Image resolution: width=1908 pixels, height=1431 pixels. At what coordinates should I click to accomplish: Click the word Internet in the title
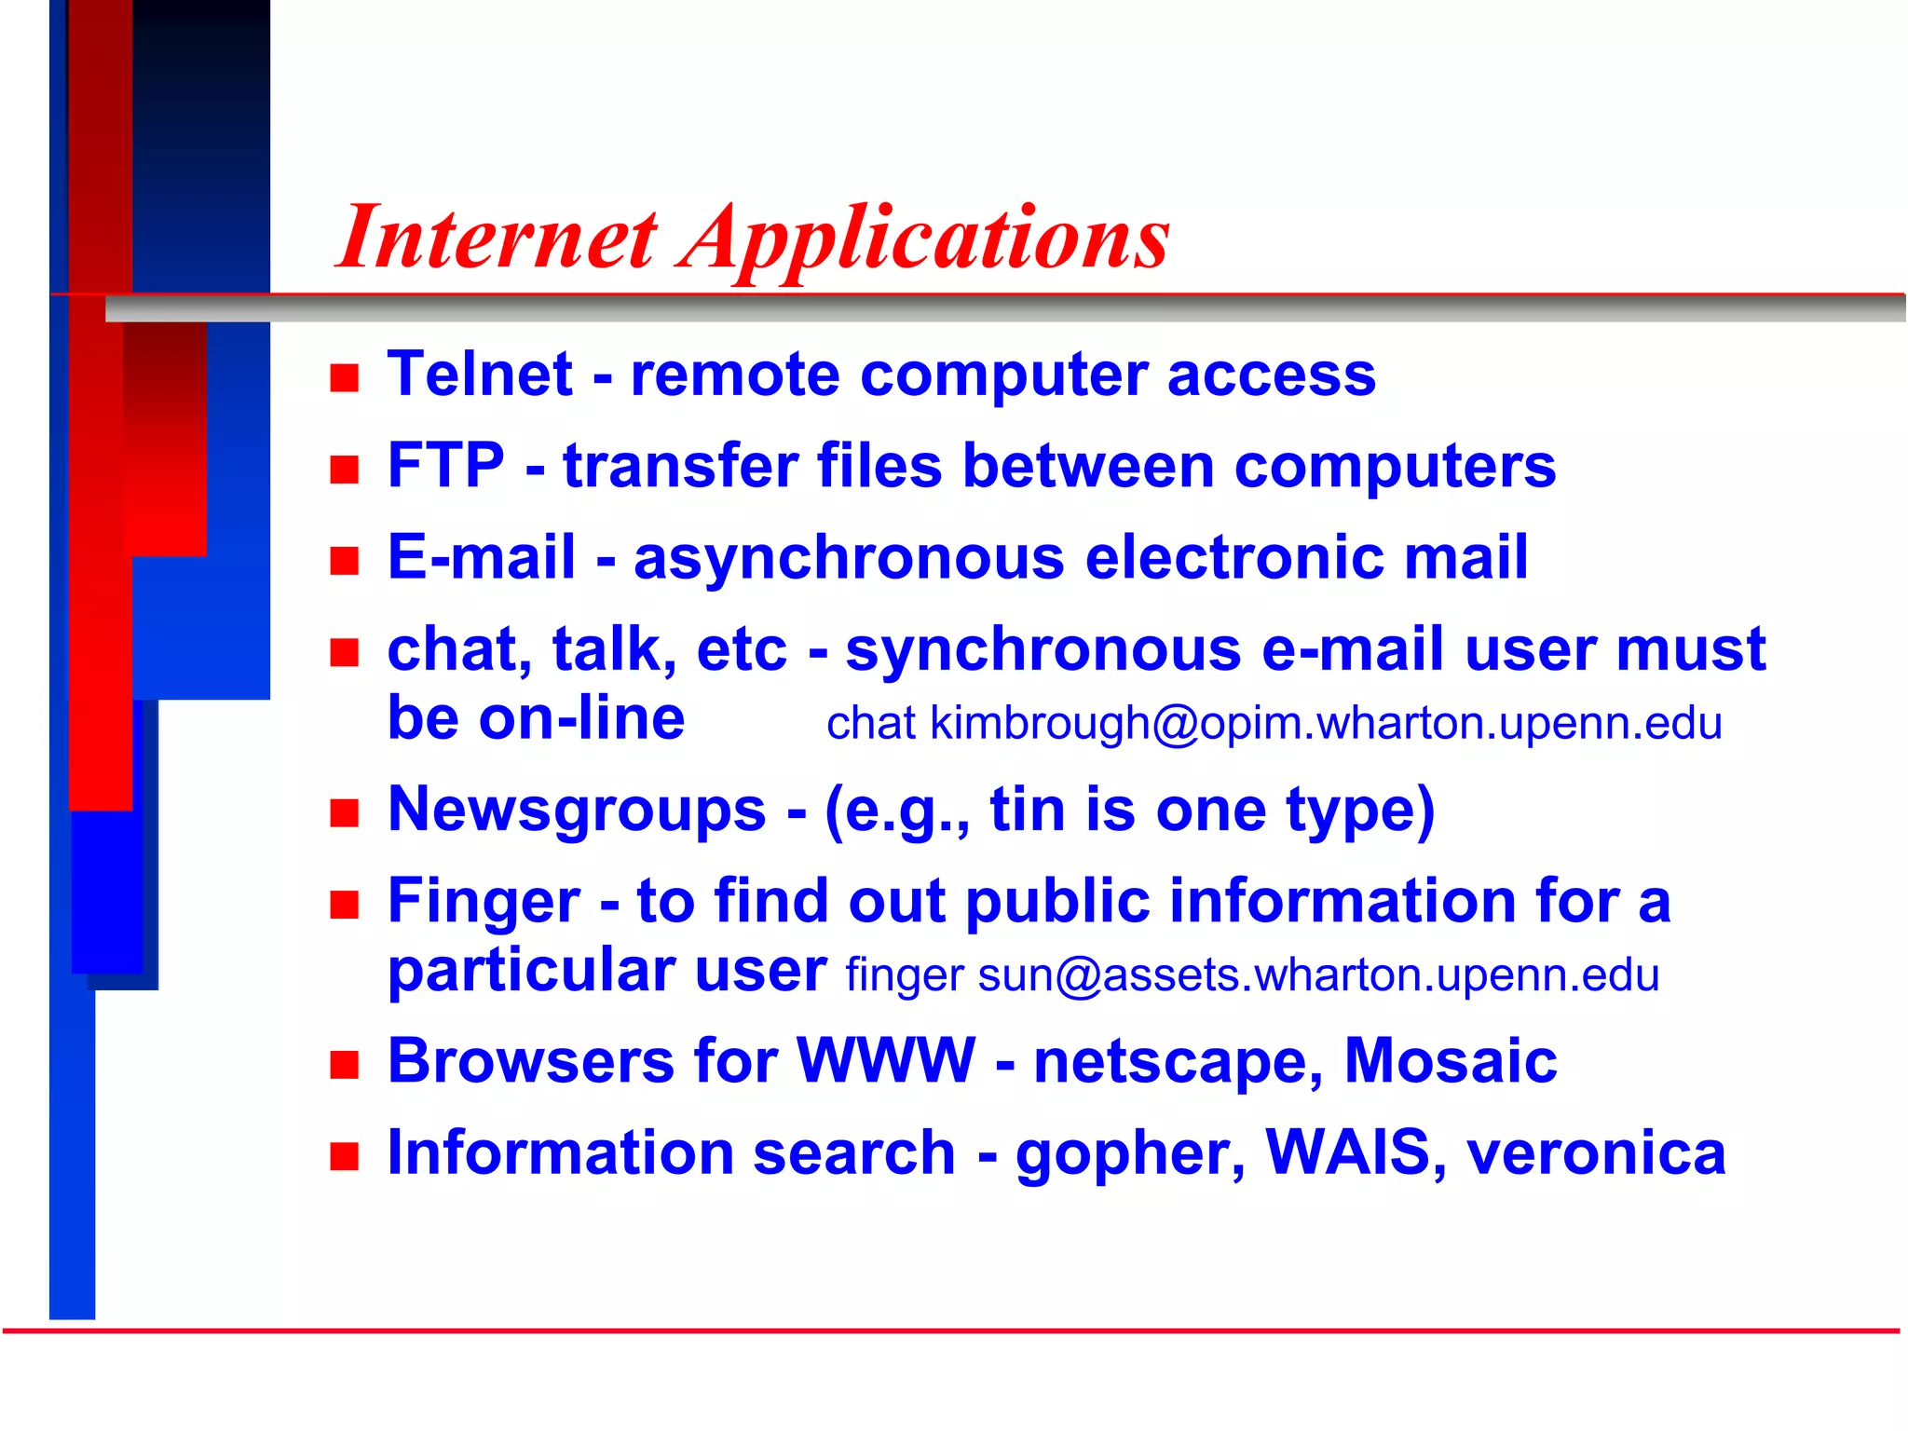tap(498, 238)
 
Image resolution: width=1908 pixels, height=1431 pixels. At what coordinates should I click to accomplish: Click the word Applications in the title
tap(927, 238)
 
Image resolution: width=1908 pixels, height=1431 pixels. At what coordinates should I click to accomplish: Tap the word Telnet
tap(480, 375)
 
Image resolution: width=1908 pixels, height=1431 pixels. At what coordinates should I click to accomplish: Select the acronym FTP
tap(445, 466)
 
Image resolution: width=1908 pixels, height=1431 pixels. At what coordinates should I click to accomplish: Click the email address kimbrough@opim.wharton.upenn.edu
tap(1326, 724)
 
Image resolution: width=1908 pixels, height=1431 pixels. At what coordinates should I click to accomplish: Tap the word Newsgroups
tap(577, 810)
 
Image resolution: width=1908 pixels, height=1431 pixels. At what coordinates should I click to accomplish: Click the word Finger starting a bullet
tap(484, 902)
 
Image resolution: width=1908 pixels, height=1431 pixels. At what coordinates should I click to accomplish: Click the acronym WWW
tap(886, 1061)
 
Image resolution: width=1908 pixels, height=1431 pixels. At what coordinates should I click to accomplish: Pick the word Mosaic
tap(1451, 1061)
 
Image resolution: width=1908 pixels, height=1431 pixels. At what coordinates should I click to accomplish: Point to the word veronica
tap(1596, 1152)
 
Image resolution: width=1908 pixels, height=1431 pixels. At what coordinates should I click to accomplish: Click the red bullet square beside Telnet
tap(345, 378)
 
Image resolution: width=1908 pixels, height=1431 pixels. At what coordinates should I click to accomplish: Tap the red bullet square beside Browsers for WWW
tap(345, 1065)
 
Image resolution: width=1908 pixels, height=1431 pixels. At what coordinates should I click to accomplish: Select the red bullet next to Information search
tap(345, 1156)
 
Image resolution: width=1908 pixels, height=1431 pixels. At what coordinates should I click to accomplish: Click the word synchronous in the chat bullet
tap(1043, 649)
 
